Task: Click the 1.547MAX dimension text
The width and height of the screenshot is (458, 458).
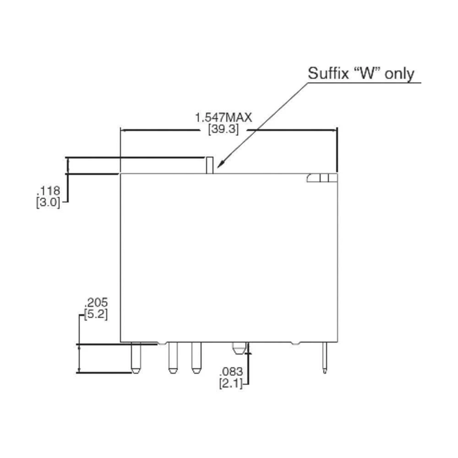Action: (x=224, y=118)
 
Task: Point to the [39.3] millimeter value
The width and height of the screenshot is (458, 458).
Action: (x=224, y=129)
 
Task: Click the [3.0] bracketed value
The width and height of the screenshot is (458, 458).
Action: (x=48, y=202)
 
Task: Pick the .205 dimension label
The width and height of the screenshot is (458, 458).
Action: (x=96, y=303)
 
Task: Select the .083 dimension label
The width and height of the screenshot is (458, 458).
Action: (x=231, y=372)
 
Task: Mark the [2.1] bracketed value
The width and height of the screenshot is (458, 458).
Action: (x=231, y=383)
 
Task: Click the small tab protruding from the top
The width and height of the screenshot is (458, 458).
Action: (x=209, y=165)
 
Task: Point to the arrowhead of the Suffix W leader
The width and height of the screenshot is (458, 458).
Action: (x=220, y=165)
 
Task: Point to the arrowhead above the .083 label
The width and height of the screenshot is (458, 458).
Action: (x=249, y=350)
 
